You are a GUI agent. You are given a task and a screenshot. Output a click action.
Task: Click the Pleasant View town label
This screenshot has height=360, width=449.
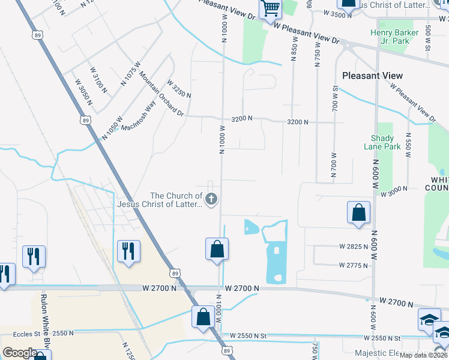372,76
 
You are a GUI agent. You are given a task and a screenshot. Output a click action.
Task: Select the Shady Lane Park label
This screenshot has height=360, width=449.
382,142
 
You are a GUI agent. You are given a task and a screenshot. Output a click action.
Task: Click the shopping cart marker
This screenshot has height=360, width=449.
270,9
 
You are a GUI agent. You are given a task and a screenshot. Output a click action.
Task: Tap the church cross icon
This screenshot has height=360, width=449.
211,199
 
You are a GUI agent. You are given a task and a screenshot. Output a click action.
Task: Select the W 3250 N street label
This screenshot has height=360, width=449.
179,89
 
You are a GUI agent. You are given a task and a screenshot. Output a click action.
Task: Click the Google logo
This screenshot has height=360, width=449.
20,353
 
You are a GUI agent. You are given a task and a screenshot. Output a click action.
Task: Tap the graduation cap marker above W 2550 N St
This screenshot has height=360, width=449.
430,318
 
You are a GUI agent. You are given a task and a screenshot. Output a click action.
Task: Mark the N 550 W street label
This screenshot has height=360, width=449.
408,145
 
